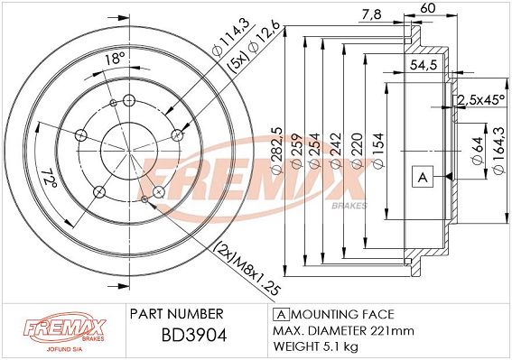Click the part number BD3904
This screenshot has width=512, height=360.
194,336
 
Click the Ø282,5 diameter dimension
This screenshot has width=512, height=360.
277,151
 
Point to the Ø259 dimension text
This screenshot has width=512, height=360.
297,151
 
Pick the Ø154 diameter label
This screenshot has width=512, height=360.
378,151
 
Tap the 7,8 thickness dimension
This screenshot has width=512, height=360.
372,14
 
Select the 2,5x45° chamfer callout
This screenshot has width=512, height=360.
481,100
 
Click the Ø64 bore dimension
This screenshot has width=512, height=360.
477,151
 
